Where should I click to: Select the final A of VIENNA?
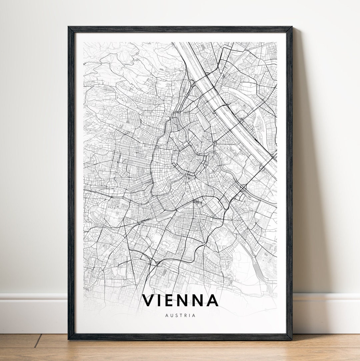[212, 300]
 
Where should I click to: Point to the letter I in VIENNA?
[159, 300]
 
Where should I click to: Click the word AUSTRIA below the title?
[180, 315]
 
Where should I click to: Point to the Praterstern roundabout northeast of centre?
[214, 143]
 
